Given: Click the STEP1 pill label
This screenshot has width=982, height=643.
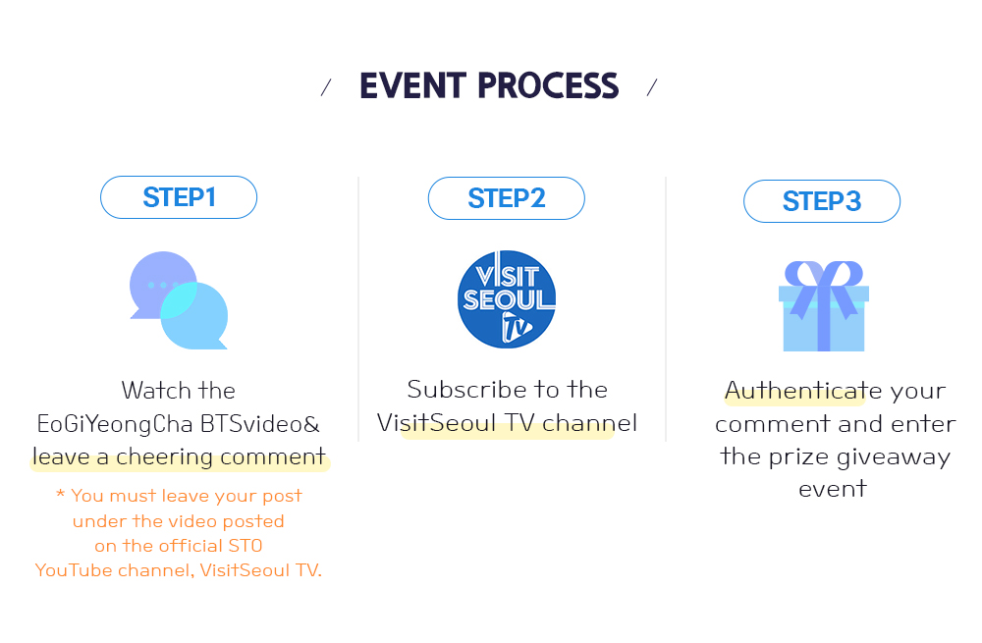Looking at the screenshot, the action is click(179, 197).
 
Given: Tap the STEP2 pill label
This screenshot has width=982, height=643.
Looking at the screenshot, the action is click(506, 198).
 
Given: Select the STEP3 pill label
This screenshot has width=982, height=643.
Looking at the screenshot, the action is click(822, 201).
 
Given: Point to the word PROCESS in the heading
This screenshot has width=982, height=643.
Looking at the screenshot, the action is click(548, 85).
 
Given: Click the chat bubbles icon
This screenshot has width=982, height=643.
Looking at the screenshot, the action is click(179, 299).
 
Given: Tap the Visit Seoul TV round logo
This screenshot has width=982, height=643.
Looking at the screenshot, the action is click(506, 298).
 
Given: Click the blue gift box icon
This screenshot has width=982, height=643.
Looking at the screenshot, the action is click(824, 306).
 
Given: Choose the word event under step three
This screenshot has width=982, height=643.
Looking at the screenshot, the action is click(833, 489).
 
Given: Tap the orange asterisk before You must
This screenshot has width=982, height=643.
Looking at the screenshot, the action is click(60, 494).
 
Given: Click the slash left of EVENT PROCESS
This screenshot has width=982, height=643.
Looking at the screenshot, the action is click(326, 87).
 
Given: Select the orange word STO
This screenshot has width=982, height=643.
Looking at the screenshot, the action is click(245, 546).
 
